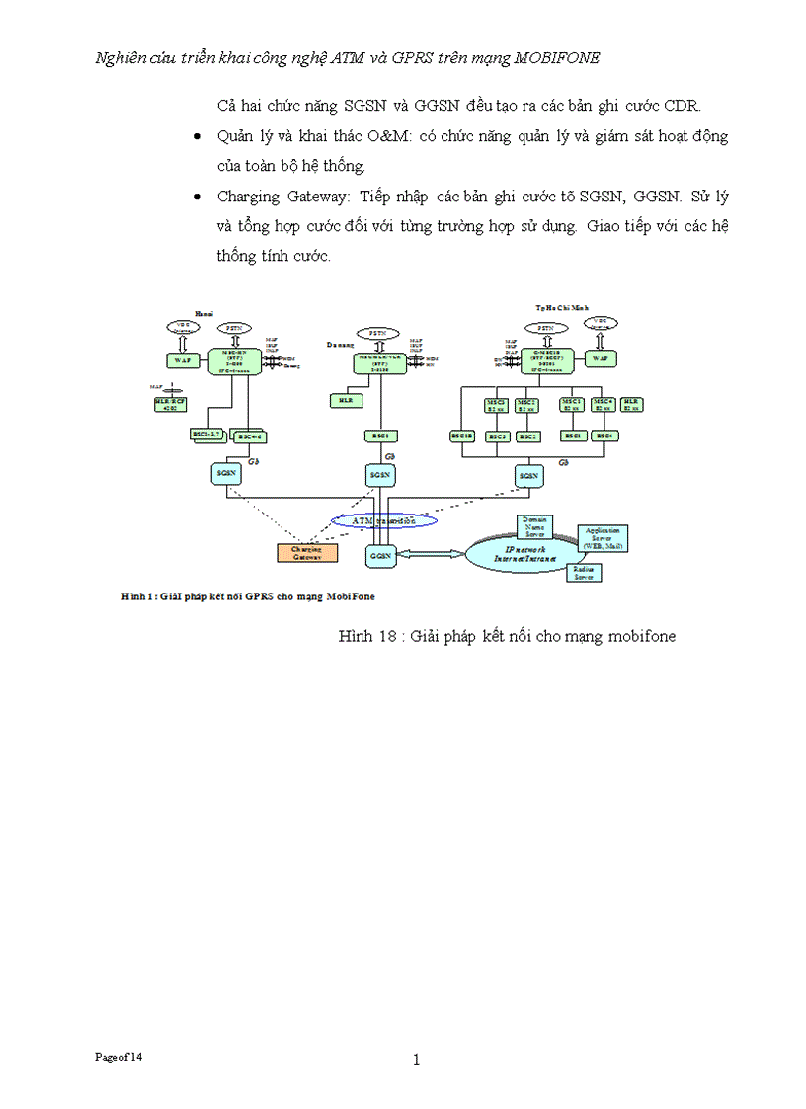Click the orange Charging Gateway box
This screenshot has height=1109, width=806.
pos(307,553)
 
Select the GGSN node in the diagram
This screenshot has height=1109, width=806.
pos(381,556)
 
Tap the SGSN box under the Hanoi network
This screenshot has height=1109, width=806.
pos(226,474)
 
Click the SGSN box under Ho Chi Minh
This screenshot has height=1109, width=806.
pos(529,475)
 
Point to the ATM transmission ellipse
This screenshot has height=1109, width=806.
pos(382,519)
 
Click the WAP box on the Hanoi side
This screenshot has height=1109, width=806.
pos(182,360)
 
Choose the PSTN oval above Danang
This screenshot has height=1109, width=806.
pos(376,333)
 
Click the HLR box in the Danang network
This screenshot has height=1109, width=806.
pos(345,400)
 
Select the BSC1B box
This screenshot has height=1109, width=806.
pos(462,436)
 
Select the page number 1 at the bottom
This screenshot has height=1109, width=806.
pos(416,1060)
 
